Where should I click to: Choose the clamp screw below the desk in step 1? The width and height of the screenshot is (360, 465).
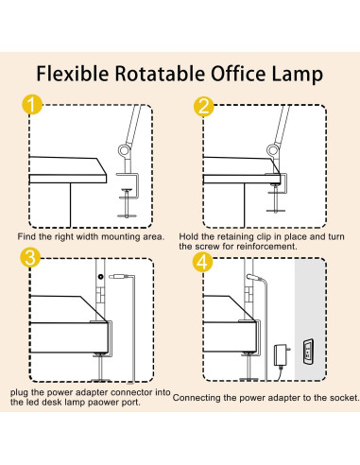tap(129, 202)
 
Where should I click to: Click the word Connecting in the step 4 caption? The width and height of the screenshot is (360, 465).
tap(198, 398)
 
